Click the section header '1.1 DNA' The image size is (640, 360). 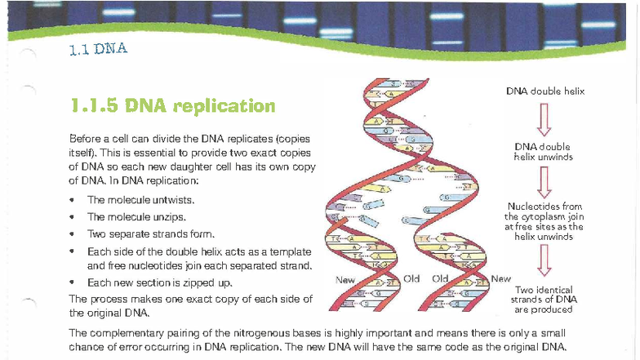[x=98, y=49]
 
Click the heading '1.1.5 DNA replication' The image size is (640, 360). [x=172, y=105]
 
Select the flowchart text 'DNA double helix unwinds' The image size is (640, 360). [x=542, y=152]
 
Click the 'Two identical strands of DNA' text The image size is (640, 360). [x=546, y=300]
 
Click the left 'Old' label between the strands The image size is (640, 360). [x=411, y=278]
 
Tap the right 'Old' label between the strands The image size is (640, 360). [x=441, y=278]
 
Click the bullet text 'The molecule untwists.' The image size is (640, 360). [x=140, y=200]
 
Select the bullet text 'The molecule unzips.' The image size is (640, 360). [x=136, y=217]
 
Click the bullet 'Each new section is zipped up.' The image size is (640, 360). [x=159, y=282]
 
